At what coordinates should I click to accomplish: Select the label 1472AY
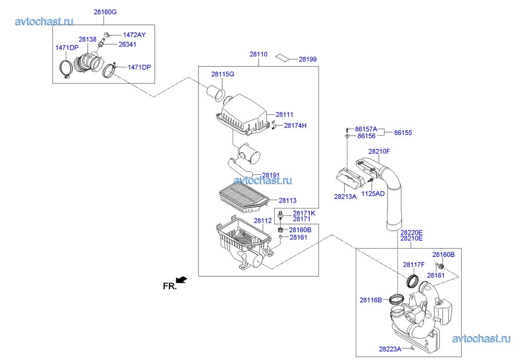click(135, 35)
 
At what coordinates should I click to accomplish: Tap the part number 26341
click(127, 44)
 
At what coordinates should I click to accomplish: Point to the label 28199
click(307, 59)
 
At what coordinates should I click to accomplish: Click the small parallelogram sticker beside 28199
click(284, 56)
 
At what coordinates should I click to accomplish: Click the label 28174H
click(295, 125)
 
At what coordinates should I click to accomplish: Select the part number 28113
click(287, 201)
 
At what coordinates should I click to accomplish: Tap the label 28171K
click(303, 213)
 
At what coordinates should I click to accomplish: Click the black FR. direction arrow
click(182, 280)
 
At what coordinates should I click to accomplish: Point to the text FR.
click(169, 286)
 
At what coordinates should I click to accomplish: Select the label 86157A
click(367, 129)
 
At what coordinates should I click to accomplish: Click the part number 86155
click(403, 133)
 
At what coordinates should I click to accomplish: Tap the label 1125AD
click(373, 193)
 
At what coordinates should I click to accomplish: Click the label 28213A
click(345, 197)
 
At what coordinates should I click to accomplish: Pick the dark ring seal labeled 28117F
click(412, 281)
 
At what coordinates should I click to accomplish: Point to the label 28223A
click(390, 349)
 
